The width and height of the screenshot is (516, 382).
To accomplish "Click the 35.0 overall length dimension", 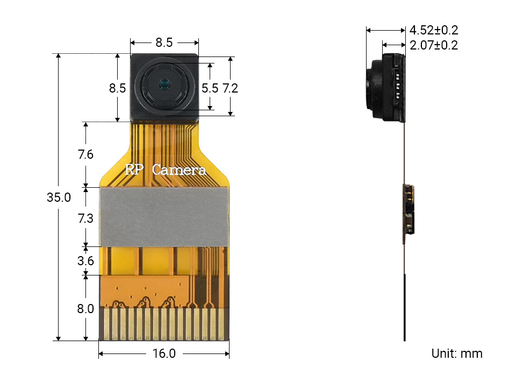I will [59, 197].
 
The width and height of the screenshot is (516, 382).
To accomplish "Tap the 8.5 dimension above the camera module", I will [164, 42].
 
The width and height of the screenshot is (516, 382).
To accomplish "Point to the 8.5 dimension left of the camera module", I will [117, 88].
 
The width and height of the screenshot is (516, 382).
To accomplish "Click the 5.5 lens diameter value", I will [210, 88].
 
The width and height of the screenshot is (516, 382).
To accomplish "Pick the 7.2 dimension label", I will [230, 88].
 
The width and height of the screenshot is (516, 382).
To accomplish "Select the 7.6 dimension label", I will [85, 155].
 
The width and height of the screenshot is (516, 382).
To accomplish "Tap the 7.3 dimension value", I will [85, 218].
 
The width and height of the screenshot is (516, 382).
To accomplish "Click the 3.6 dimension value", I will [85, 261].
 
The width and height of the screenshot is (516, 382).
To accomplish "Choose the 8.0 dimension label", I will [85, 309].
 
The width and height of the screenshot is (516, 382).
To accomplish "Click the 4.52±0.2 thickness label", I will [434, 30].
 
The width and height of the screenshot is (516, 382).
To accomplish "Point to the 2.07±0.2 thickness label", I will [434, 45].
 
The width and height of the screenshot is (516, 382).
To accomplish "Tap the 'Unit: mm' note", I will [456, 353].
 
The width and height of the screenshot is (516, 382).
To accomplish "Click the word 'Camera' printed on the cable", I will [179, 170].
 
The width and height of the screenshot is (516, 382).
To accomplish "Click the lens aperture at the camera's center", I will [164, 84].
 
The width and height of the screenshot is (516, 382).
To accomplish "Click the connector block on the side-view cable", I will [408, 210].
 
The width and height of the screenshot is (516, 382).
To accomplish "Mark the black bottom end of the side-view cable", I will [404, 307].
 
